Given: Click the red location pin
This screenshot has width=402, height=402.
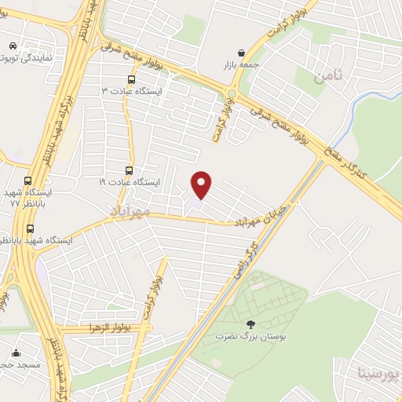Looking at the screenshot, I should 203,184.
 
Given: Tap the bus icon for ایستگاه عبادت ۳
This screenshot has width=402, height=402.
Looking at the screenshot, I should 131,79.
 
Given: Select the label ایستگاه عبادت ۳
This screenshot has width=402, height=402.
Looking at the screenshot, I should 132,91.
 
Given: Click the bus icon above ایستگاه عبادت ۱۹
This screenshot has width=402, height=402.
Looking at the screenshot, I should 130,170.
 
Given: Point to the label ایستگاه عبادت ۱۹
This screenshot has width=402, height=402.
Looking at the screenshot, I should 129,182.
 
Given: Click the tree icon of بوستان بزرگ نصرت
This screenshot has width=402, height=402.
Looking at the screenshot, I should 250,323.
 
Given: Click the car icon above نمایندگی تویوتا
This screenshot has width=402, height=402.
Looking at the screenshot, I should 13,46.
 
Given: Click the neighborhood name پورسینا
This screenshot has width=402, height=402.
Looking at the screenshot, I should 378,372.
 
